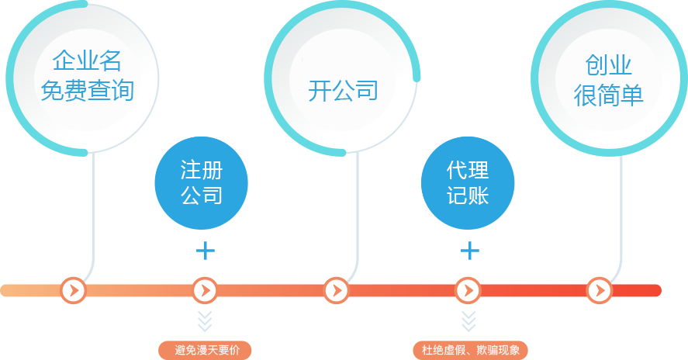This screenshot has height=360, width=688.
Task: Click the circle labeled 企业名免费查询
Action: (x=87, y=77)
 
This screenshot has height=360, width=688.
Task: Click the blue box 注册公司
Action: (x=201, y=182)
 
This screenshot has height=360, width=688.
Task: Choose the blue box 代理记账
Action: (x=467, y=182)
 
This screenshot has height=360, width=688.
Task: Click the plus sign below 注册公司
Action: (x=205, y=251)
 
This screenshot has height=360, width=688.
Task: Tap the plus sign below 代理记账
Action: (x=470, y=251)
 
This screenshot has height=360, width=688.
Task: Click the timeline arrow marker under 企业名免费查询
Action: (x=74, y=290)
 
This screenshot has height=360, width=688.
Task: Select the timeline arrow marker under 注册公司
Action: (x=205, y=290)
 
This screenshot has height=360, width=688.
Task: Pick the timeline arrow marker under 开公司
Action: (x=336, y=290)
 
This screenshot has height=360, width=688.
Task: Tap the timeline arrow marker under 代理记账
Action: (x=468, y=290)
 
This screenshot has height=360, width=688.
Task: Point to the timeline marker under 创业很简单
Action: (x=599, y=290)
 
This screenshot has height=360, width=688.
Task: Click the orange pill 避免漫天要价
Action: (x=206, y=350)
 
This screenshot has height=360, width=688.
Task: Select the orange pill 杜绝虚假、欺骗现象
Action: (x=470, y=350)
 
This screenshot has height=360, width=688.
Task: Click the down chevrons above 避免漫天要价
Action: (x=205, y=320)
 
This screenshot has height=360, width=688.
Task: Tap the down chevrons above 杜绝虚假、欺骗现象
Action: (x=468, y=320)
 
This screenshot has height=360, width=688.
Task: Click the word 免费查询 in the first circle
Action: (x=87, y=92)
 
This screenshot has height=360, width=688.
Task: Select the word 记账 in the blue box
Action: (x=467, y=196)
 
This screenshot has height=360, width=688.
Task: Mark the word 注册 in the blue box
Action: (x=201, y=169)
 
